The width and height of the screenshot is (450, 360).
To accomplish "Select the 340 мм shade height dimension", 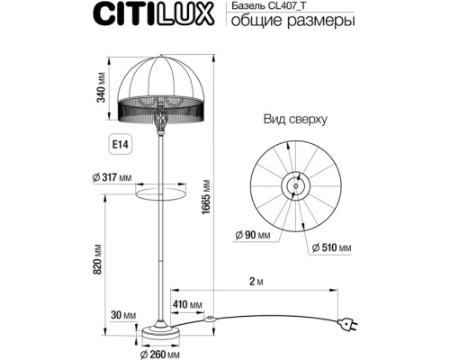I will click(x=104, y=91).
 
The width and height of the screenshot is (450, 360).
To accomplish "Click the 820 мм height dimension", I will click(x=104, y=263).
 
